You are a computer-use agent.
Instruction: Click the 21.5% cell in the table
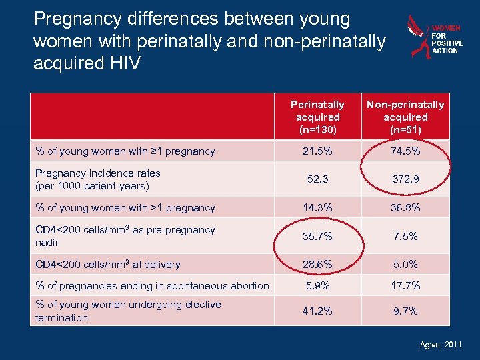(x=317, y=151)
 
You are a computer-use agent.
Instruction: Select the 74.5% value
(x=405, y=151)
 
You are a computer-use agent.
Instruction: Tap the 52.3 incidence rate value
(x=317, y=179)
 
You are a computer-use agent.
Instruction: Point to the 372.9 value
(x=405, y=179)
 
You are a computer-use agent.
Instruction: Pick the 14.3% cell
(x=317, y=207)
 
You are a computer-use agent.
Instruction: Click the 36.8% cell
(x=405, y=207)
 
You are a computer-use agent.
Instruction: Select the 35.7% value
(x=317, y=236)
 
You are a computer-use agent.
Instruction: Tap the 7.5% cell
(x=405, y=236)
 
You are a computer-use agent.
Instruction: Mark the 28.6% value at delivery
(x=317, y=264)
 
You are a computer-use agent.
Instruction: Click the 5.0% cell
(x=405, y=264)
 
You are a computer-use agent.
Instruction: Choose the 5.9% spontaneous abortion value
(x=317, y=285)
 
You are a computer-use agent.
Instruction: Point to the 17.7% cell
(x=405, y=285)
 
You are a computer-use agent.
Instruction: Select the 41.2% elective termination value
(x=317, y=311)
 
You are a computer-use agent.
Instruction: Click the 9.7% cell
(x=405, y=311)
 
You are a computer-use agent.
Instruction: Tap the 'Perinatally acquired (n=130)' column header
(x=317, y=117)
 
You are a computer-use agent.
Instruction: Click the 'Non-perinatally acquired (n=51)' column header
(x=405, y=117)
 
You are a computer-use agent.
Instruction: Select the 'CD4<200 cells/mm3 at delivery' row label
(x=108, y=264)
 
